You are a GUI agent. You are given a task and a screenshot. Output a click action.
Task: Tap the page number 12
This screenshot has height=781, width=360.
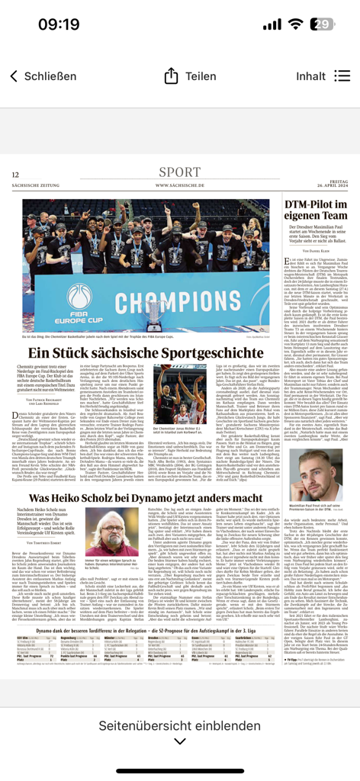point(15,175)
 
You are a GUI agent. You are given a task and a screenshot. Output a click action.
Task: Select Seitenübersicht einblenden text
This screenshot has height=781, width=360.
point(180,724)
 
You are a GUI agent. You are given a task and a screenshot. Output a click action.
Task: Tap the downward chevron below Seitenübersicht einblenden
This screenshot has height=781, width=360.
point(180,741)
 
